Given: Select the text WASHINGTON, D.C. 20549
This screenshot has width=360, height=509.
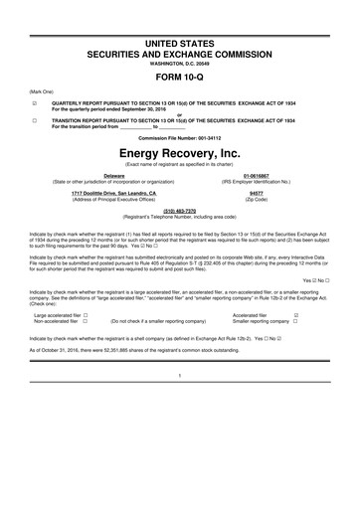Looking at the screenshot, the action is click(x=179, y=41).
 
